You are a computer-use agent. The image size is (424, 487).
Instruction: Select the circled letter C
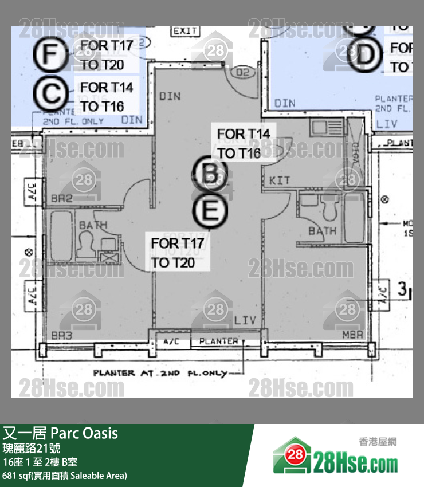point(53,93)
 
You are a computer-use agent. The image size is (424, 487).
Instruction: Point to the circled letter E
point(210,211)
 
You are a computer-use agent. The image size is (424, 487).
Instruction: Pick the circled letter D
point(368,54)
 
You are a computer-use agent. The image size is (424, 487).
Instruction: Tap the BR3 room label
point(61,335)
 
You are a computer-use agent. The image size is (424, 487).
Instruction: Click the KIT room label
point(280,181)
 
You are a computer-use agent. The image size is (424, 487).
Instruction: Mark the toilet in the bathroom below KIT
point(332,211)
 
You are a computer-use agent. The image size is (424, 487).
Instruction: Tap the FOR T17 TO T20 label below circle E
point(178,253)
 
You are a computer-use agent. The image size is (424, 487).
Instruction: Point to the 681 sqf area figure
point(15,476)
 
